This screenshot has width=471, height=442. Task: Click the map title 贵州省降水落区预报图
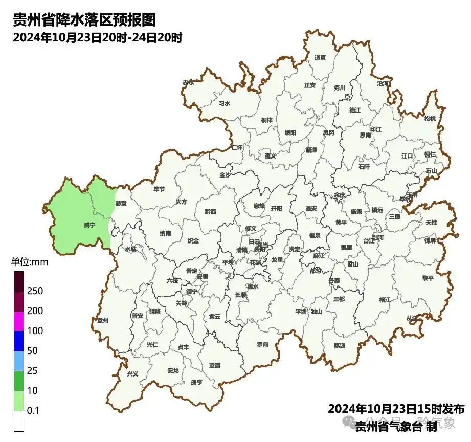point(83,20)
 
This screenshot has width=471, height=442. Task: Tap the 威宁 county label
point(89,225)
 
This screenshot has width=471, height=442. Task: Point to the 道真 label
point(320,58)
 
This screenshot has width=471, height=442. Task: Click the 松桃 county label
point(430,119)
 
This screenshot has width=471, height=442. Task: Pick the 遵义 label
point(271,156)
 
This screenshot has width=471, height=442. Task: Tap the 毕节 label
point(159,189)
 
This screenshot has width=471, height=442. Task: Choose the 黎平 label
point(428,278)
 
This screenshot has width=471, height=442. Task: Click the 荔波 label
point(340,345)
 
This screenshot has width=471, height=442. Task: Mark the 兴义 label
point(132,374)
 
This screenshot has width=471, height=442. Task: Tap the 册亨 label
point(196,382)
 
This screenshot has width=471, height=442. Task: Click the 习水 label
point(225,103)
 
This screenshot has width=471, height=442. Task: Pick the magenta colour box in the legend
point(19,321)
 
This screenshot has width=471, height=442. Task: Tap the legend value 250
point(35,291)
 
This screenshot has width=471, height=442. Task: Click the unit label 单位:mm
point(29,262)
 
